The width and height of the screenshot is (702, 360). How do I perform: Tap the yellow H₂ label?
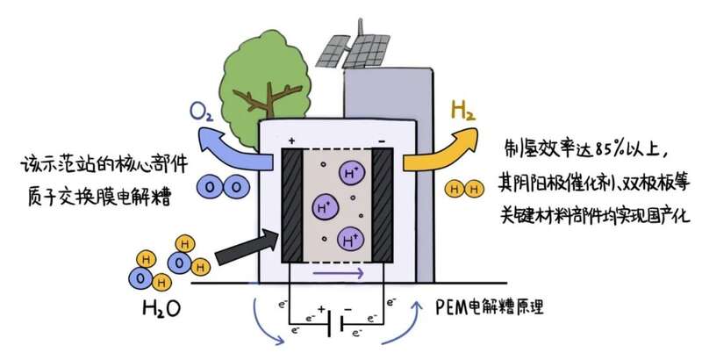[462, 112]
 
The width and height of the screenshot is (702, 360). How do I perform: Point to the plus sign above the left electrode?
[290, 140]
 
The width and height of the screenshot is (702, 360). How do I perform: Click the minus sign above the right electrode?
[383, 140]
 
